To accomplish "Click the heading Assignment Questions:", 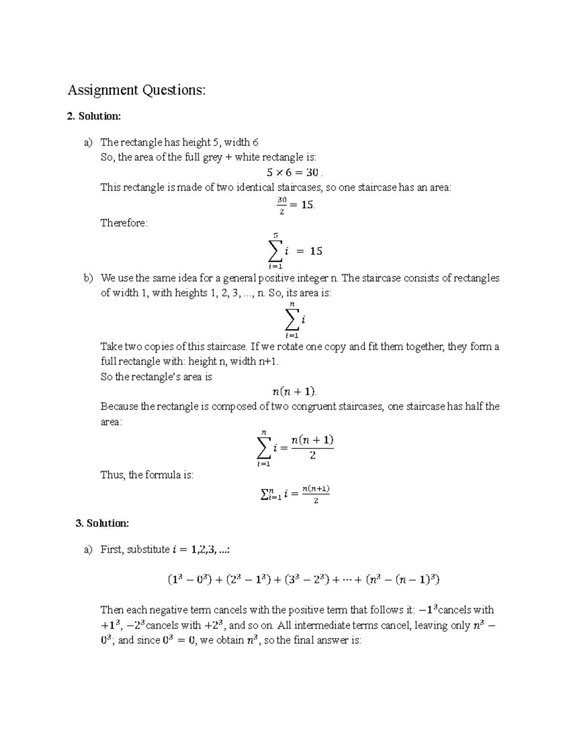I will pos(137,90).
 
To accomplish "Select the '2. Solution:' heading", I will pos(94,116).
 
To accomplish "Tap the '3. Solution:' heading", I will pos(102,523).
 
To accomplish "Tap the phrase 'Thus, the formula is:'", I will pos(147,475).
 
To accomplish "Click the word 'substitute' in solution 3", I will pos(148,550).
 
